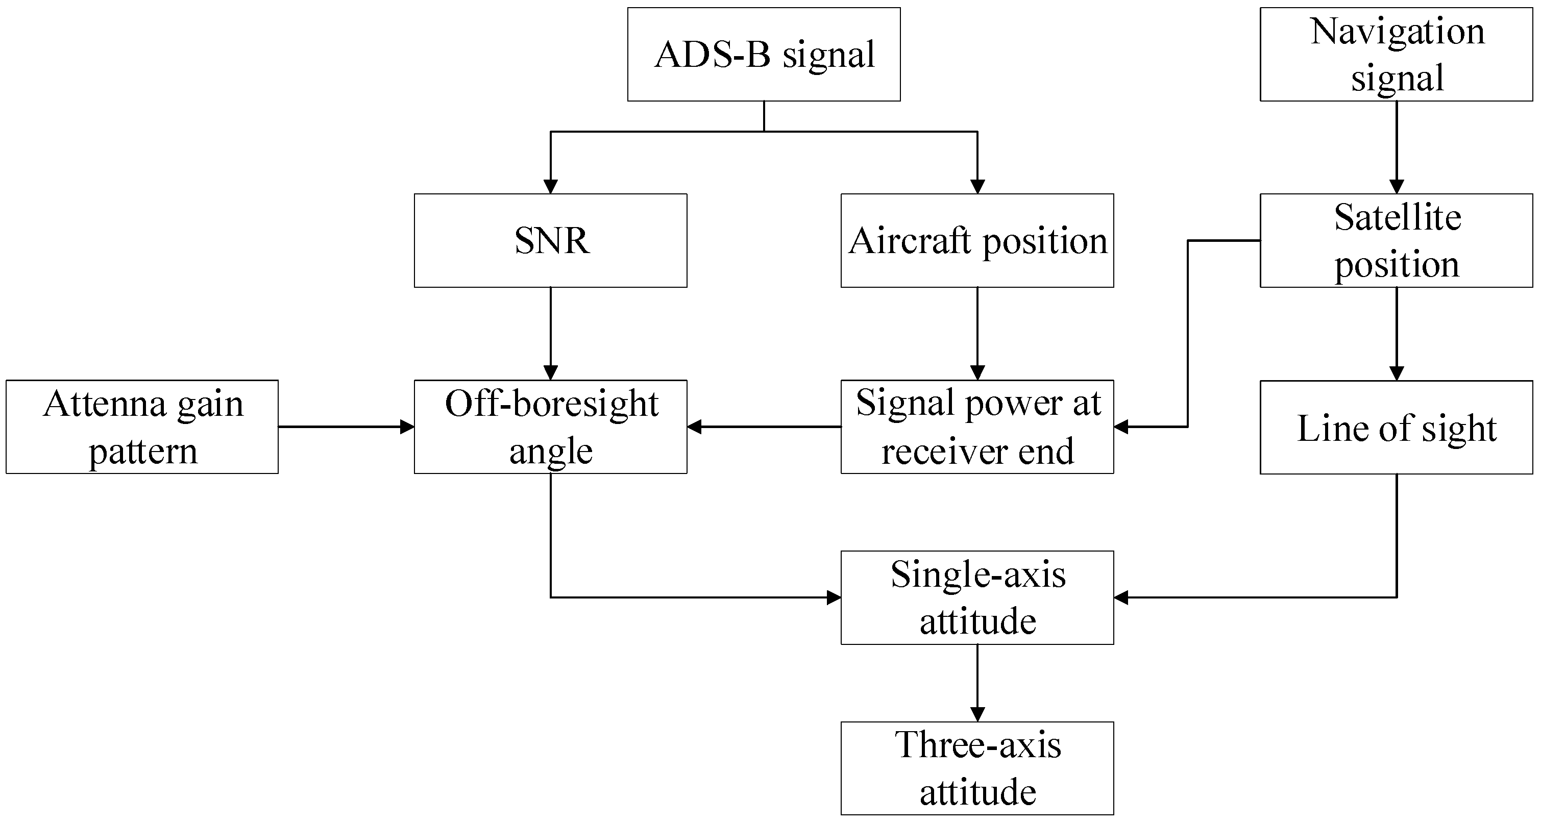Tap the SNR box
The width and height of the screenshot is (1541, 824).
pos(550,240)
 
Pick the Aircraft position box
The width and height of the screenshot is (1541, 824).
pos(977,240)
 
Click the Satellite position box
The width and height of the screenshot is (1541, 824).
pos(1396,240)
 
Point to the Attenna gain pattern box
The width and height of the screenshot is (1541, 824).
pos(142,427)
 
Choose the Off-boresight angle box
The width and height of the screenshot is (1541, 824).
pos(550,427)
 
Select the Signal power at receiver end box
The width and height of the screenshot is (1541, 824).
pos(977,427)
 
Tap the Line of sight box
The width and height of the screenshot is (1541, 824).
pos(1396,427)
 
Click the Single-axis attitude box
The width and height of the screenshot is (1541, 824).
pos(977,597)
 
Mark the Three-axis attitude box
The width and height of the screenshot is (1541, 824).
pos(977,768)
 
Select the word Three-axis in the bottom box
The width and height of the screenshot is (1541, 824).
pos(977,745)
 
